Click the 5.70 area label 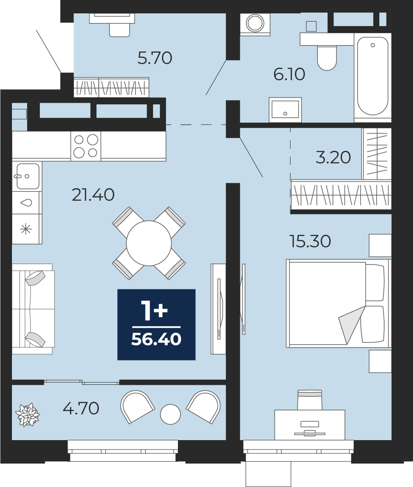pyautogui.click(x=155, y=58)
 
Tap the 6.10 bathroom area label pyautogui.click(x=289, y=75)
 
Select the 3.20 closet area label pyautogui.click(x=333, y=157)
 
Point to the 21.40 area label pyautogui.click(x=93, y=195)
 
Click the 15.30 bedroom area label pyautogui.click(x=310, y=242)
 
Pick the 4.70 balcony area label pyautogui.click(x=81, y=408)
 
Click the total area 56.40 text pyautogui.click(x=156, y=339)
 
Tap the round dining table pyautogui.click(x=149, y=243)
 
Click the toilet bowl pyautogui.click(x=327, y=58)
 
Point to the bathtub pyautogui.click(x=373, y=76)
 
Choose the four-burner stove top pyautogui.click(x=86, y=146)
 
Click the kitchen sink pyautogui.click(x=27, y=176)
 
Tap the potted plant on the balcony pyautogui.click(x=27, y=415)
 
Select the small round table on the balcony pyautogui.click(x=170, y=414)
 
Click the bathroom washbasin pyautogui.click(x=285, y=109)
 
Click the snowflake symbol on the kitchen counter pyautogui.click(x=26, y=230)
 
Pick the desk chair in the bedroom pyautogui.click(x=309, y=400)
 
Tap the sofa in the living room pyautogui.click(x=33, y=309)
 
